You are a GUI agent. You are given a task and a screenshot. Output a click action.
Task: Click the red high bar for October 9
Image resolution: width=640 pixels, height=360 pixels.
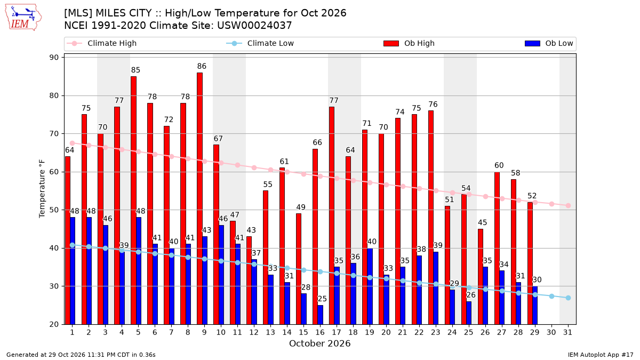click(x=199, y=198)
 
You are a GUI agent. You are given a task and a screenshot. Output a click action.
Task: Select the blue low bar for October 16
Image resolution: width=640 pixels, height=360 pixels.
click(x=321, y=315)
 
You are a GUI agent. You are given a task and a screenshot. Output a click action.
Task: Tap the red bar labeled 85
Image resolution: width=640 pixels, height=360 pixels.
click(x=134, y=201)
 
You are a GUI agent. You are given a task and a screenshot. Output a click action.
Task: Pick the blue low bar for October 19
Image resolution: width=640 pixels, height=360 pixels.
click(x=370, y=286)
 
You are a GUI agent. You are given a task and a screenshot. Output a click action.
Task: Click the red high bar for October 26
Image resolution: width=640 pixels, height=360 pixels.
click(x=481, y=277)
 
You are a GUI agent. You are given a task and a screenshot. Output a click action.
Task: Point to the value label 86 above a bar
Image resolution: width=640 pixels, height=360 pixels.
click(x=202, y=66)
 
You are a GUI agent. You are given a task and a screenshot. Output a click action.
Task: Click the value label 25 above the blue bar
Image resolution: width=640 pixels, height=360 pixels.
click(x=322, y=299)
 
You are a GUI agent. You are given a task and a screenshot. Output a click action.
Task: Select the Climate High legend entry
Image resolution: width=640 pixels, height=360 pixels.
click(x=102, y=43)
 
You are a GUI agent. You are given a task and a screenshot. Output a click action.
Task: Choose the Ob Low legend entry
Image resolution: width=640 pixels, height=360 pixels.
click(x=549, y=43)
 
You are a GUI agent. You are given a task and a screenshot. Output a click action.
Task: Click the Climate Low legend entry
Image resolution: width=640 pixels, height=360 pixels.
click(x=260, y=43)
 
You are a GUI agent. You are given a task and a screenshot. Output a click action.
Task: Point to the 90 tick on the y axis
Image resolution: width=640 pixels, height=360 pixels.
click(x=54, y=58)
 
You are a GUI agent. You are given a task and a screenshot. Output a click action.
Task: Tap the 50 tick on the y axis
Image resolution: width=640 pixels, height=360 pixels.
click(x=54, y=210)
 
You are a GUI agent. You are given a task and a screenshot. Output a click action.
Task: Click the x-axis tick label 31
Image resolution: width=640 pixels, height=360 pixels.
click(x=567, y=332)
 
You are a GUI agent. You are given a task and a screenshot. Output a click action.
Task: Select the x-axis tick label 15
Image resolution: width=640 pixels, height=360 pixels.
click(x=303, y=332)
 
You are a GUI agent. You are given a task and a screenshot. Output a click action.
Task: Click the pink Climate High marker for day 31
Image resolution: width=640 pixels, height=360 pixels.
click(x=569, y=205)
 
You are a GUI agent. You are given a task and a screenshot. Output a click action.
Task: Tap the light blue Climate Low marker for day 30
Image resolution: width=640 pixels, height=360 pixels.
click(x=551, y=297)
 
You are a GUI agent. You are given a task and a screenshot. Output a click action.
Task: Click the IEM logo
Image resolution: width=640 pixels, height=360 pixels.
click(x=23, y=18)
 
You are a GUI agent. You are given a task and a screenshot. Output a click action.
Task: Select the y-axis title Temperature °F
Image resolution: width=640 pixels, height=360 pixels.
click(x=42, y=189)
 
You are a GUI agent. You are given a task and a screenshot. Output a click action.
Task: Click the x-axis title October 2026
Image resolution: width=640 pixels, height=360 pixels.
click(x=319, y=343)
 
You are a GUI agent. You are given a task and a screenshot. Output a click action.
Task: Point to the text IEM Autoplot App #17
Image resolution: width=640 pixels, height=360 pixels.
click(x=601, y=355)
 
